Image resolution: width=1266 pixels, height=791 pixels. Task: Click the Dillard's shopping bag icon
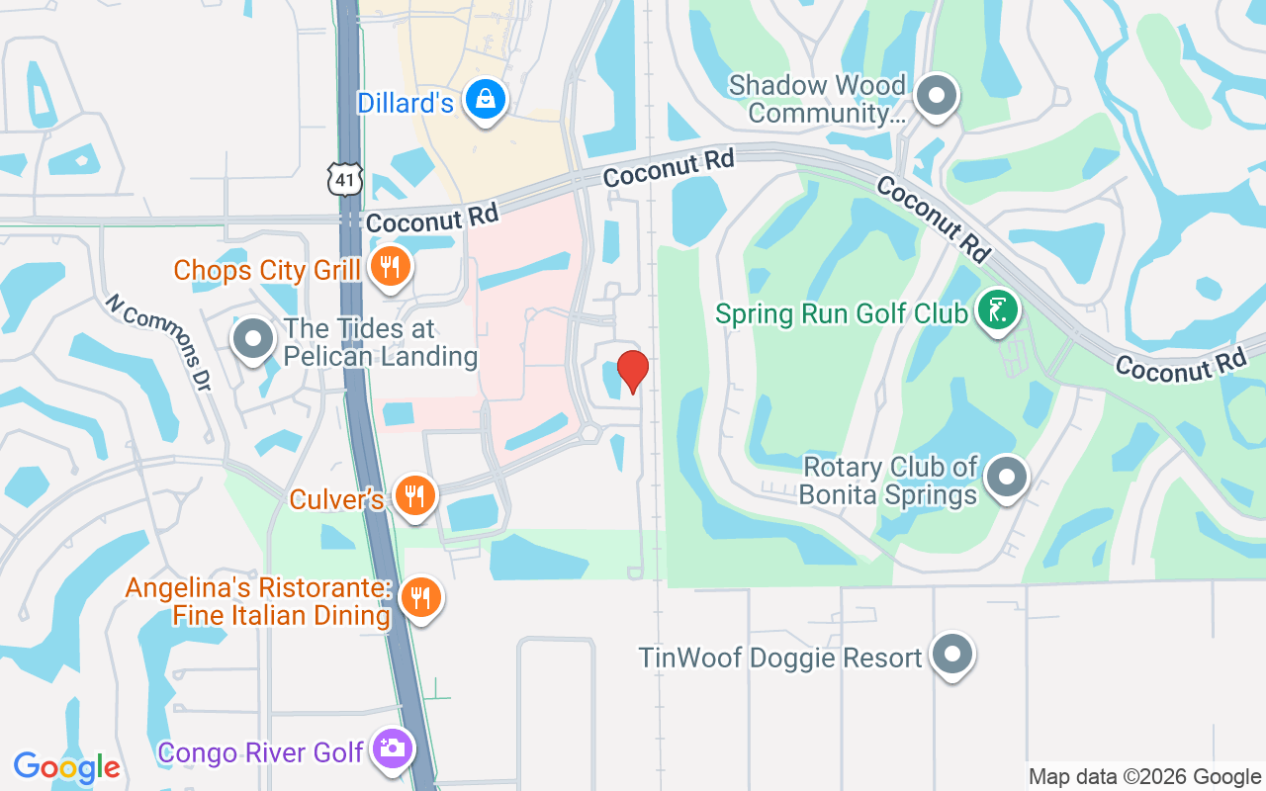[486, 99]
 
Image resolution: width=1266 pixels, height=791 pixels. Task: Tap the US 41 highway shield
[345, 180]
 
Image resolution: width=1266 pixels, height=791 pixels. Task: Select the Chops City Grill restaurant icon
[391, 266]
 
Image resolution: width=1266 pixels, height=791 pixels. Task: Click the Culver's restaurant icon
[414, 495]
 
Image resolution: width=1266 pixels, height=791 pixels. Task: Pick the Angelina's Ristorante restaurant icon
[421, 597]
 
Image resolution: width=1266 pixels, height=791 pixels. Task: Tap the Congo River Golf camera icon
[392, 748]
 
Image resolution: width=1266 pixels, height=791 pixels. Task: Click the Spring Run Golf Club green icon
[998, 310]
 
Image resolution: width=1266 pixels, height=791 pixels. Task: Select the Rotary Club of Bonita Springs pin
[1007, 478]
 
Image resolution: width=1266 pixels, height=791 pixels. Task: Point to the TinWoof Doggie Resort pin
[952, 655]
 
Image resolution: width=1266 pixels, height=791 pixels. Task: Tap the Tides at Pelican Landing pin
[253, 339]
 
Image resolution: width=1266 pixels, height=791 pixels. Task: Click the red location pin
[632, 371]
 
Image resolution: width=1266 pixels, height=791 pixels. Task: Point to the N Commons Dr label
[159, 341]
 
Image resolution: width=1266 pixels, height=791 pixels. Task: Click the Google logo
[67, 766]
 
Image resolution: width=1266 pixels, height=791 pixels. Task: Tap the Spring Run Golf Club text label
[841, 314]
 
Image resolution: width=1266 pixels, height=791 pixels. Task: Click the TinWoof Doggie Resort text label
[780, 658]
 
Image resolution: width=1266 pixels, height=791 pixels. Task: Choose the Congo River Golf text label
[261, 752]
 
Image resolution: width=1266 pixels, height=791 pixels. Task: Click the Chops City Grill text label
[268, 270]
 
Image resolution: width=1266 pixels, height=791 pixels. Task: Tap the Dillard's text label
[406, 103]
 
